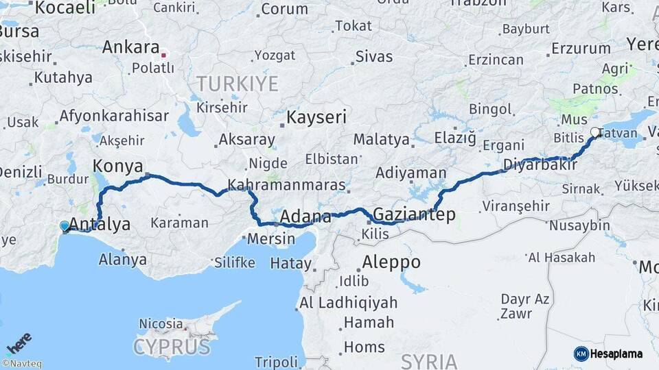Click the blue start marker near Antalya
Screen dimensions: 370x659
[x=65, y=225]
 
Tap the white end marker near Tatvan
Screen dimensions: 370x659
[x=595, y=132]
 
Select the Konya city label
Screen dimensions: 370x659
[x=117, y=166]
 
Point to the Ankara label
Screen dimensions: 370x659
[x=130, y=47]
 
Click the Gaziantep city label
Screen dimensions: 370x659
[x=414, y=215]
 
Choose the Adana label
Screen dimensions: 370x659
[x=305, y=217]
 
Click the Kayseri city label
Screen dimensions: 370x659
[x=316, y=117]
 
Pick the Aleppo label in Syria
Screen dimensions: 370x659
[x=391, y=262]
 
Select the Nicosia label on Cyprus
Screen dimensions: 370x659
[x=161, y=323]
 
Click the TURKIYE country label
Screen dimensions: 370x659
[x=238, y=84]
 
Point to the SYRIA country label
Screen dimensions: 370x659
[x=429, y=361]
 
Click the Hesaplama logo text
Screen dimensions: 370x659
[x=616, y=354]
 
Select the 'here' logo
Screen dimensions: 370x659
[x=19, y=343]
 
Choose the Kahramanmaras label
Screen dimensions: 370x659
[x=286, y=186]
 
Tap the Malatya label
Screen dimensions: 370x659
[x=381, y=140]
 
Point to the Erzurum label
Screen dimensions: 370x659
[x=581, y=49]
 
